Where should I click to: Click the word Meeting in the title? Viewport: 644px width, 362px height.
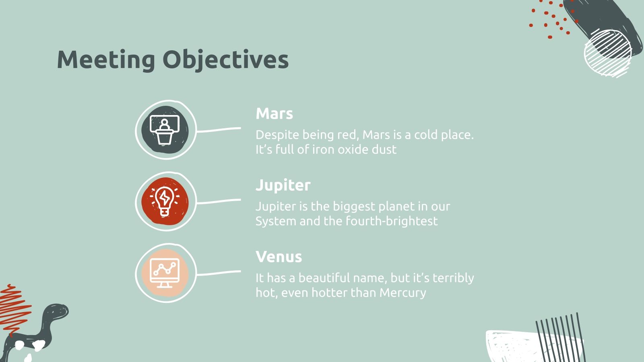106,60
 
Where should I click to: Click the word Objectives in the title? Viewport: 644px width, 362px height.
225,60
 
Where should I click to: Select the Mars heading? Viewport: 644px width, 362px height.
274,113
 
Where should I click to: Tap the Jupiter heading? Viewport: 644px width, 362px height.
283,185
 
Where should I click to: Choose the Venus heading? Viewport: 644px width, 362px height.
279,257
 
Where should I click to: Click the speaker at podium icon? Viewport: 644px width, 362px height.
165,130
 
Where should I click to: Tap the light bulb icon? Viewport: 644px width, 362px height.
165,201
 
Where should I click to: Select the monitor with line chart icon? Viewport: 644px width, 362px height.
165,273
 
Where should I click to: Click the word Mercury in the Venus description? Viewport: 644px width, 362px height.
402,293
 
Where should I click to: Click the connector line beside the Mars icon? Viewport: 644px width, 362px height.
219,130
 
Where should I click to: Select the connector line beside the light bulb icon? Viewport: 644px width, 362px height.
219,201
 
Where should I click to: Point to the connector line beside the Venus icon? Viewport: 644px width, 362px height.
219,273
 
